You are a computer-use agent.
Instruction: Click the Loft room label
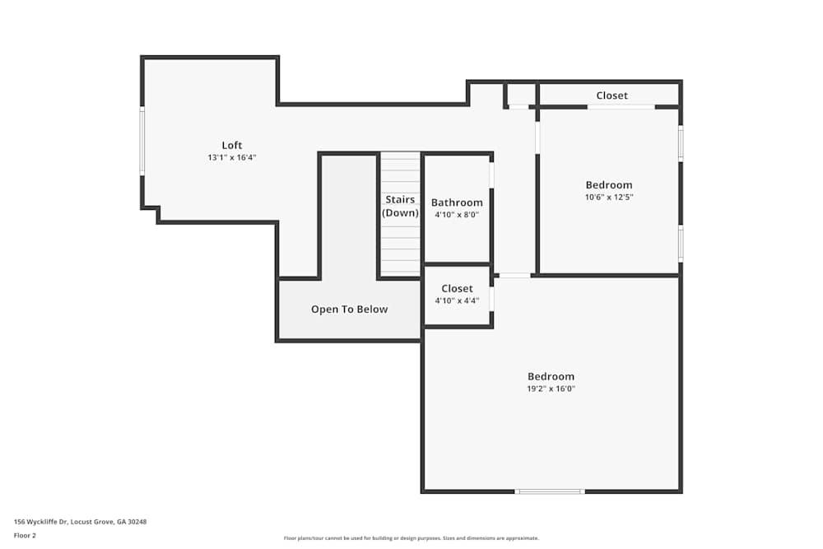232,146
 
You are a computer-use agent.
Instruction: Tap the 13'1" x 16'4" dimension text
232,157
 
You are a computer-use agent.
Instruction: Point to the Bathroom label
457,202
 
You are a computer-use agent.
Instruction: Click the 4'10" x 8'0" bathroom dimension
457,214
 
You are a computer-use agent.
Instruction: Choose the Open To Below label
349,309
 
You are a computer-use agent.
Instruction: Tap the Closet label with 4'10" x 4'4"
457,289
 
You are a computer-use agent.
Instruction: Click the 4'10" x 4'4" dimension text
457,300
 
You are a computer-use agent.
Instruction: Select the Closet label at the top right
611,95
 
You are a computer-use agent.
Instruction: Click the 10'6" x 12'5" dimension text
609,197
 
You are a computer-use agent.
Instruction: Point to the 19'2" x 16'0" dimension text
551,388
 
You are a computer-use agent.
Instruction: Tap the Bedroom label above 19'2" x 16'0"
551,377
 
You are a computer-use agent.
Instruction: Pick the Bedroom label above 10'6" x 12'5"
609,185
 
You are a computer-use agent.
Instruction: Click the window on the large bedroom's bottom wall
550,491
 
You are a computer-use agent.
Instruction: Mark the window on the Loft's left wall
142,141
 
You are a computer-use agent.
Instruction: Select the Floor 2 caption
25,535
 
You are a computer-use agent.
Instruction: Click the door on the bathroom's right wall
492,175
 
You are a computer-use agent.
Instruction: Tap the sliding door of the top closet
621,107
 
